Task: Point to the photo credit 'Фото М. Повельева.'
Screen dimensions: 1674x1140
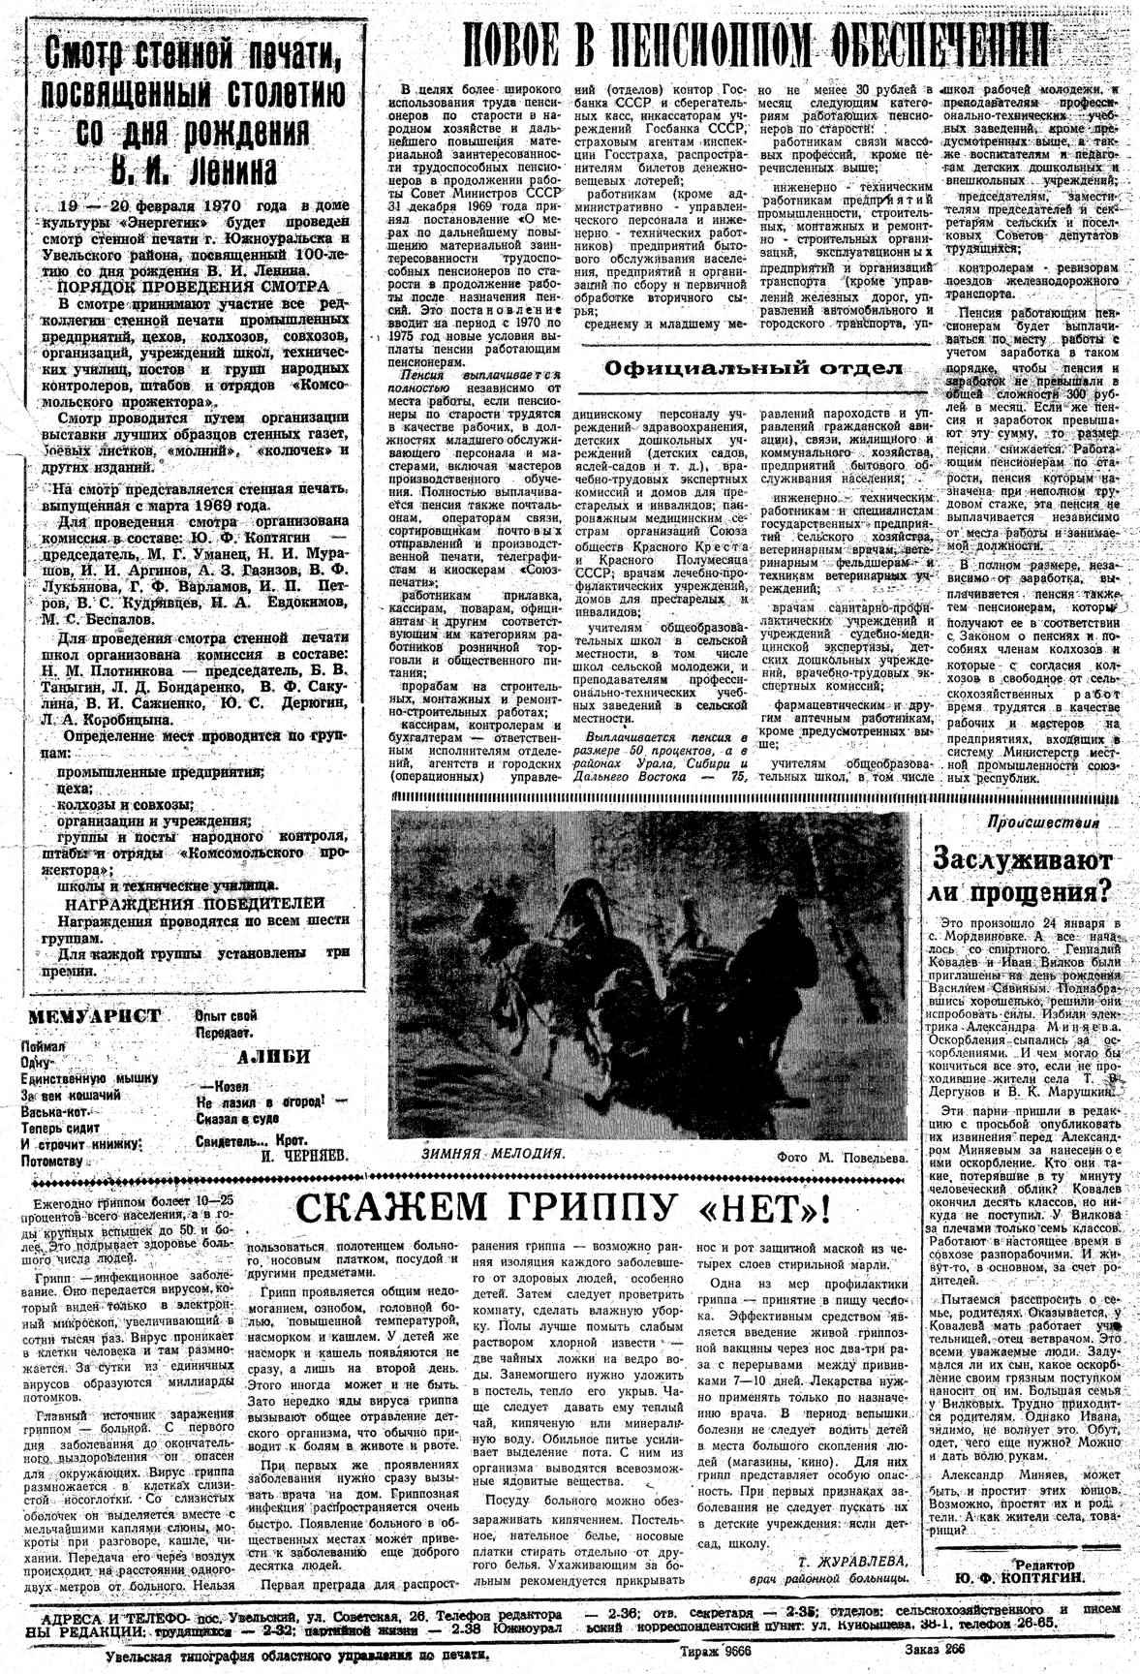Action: point(840,1158)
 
